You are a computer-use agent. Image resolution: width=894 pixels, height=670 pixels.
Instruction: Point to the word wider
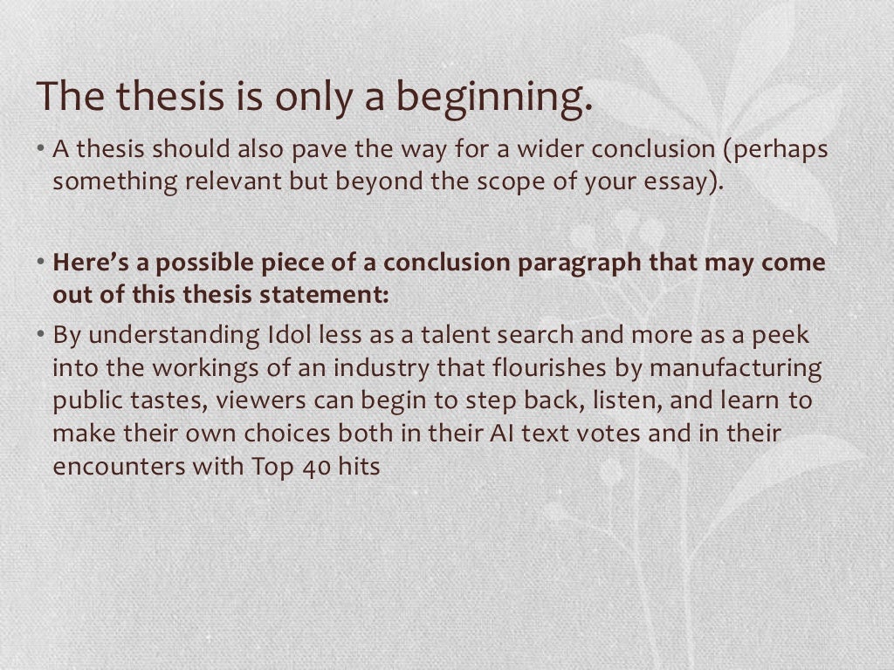tap(552, 150)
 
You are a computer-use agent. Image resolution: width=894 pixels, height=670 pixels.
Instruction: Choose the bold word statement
tap(327, 295)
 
